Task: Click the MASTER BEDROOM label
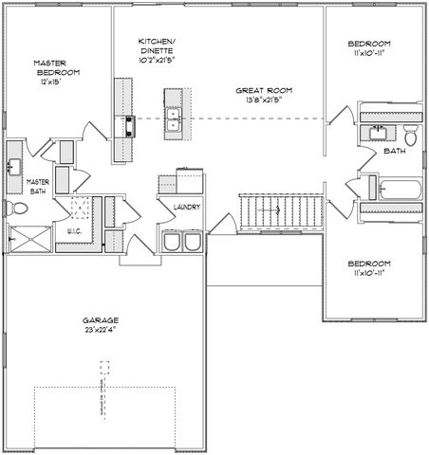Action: [57, 66]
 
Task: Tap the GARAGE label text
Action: [99, 321]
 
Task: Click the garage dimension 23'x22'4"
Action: [99, 331]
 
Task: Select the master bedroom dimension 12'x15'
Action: [52, 82]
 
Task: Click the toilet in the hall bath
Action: [410, 133]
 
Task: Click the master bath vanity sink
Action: [15, 166]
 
